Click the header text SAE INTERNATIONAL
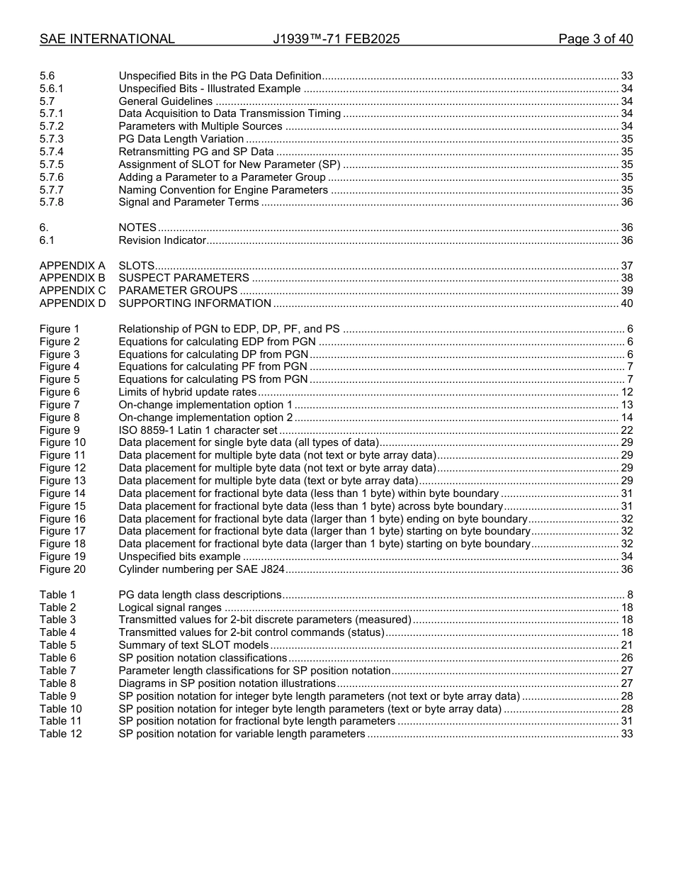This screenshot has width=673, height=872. [107, 39]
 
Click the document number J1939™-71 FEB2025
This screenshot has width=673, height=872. [336, 39]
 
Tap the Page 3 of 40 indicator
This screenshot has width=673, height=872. [595, 39]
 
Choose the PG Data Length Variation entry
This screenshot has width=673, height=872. [181, 139]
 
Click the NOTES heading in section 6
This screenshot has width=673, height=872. [137, 228]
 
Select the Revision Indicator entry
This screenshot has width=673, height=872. [162, 240]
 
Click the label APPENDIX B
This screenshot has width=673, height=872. [72, 278]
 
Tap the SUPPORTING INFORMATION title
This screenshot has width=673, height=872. [195, 303]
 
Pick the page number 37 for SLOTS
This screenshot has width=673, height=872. [626, 265]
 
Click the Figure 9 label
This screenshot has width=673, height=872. [60, 430]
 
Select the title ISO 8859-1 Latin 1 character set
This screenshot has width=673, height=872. [198, 430]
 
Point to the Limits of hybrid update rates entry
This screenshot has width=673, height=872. [187, 392]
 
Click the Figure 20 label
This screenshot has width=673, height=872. [62, 569]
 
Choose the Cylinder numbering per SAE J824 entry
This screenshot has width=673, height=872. [201, 569]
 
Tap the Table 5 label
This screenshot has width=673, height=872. [57, 645]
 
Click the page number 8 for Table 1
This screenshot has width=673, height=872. [630, 595]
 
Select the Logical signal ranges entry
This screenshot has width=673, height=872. [170, 608]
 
